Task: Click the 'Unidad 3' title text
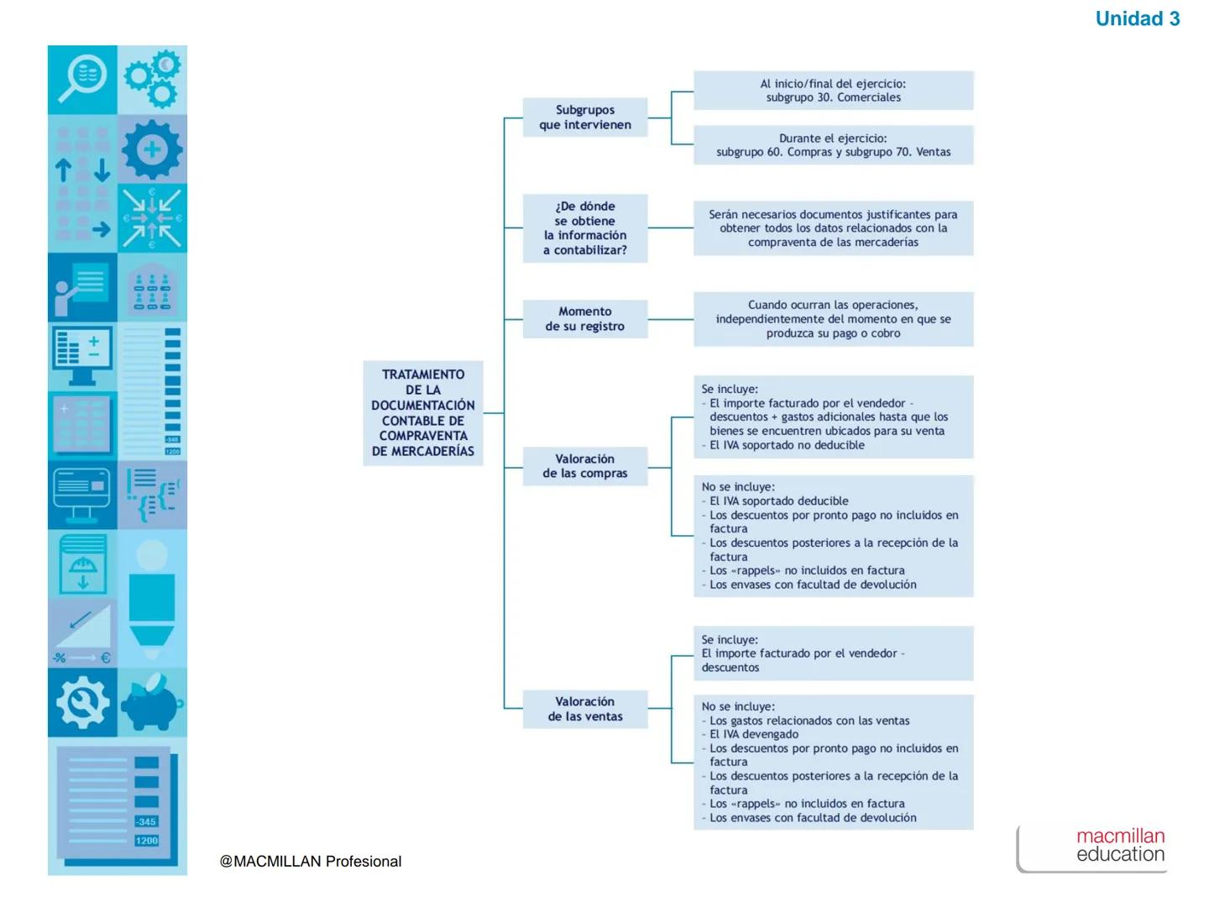[1137, 18]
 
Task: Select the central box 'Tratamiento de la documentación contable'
[423, 412]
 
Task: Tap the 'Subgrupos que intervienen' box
[585, 118]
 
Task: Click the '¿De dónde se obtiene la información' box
[585, 228]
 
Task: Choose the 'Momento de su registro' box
[585, 319]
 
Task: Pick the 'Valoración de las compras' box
[585, 466]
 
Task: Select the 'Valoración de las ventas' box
[585, 709]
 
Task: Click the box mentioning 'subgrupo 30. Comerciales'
[833, 91]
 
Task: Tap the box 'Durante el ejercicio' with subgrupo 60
[833, 145]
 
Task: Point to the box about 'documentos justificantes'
[833, 228]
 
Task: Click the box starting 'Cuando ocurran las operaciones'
[833, 319]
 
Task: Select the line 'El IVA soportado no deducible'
[787, 445]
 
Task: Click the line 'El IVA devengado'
[754, 734]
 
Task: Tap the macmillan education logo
[1120, 846]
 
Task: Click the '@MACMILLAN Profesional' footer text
[311, 862]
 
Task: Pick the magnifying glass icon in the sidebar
[82, 79]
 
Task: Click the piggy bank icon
[152, 702]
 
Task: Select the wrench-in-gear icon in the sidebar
[82, 702]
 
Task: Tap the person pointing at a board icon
[82, 287]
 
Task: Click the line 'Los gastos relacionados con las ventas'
[809, 721]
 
